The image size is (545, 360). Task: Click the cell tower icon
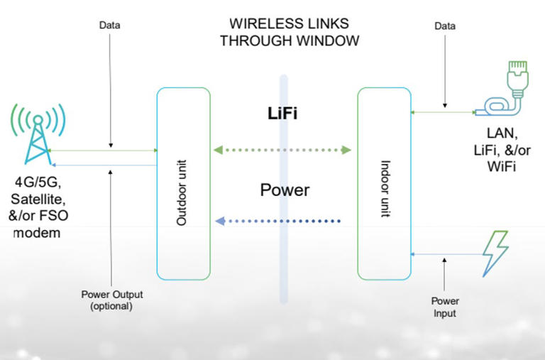pyautogui.click(x=37, y=134)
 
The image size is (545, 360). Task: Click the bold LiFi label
pyautogui.click(x=281, y=114)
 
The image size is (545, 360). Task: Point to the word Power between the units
pyautogui.click(x=284, y=190)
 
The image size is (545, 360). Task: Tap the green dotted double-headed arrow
pyautogui.click(x=283, y=150)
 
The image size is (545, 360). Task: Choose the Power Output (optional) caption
pyautogui.click(x=111, y=302)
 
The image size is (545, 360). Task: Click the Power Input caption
pyautogui.click(x=444, y=307)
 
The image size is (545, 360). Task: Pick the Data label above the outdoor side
pyautogui.click(x=109, y=26)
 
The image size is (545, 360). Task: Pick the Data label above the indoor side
pyautogui.click(x=445, y=26)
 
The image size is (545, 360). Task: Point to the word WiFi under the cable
pyautogui.click(x=500, y=168)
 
